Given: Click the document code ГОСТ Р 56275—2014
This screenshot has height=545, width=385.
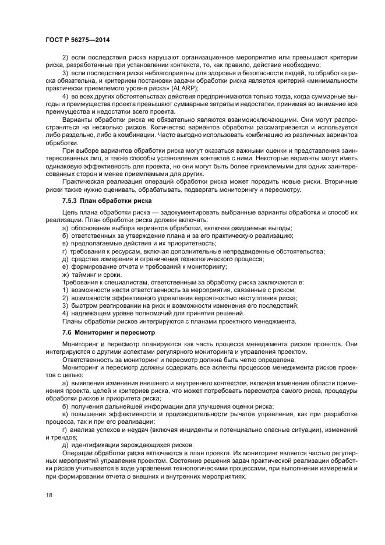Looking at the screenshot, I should click(77, 40).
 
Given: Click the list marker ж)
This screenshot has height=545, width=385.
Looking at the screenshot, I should click(66, 274).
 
